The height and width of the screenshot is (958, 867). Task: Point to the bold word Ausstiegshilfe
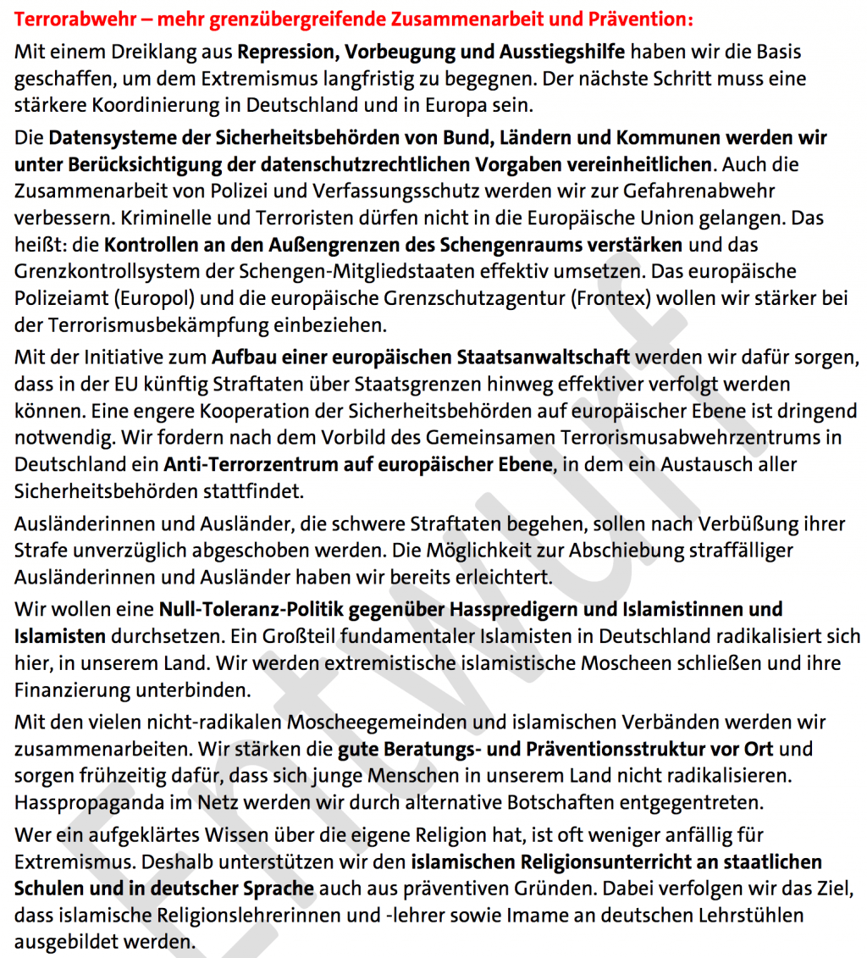coord(559,52)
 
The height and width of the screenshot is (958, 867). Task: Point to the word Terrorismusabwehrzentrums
coord(695,437)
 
